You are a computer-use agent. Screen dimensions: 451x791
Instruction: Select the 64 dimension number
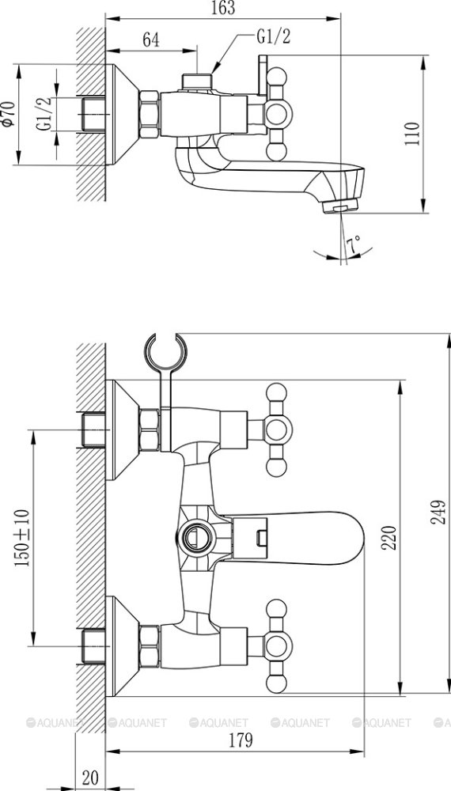(151, 40)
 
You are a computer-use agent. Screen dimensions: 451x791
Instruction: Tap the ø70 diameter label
(8, 114)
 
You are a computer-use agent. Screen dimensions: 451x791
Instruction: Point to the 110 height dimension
(412, 133)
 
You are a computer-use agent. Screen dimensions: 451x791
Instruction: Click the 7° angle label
(353, 244)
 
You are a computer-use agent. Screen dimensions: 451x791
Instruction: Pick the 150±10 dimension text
(22, 537)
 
